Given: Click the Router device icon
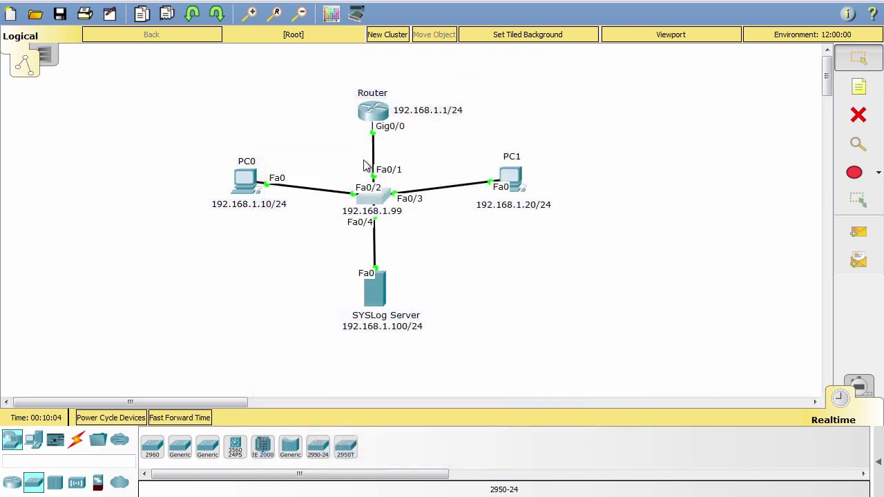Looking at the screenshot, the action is (373, 111).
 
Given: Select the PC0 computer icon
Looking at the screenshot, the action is (245, 182).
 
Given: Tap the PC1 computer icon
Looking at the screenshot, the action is (512, 179).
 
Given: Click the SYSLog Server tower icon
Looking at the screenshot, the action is (374, 289).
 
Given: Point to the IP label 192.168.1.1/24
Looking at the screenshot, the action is (427, 110).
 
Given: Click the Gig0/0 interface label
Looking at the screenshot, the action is (390, 126).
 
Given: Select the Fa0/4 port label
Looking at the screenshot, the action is (360, 222).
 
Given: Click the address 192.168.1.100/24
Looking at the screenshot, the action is (382, 327).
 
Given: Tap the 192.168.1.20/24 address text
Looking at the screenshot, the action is (513, 205).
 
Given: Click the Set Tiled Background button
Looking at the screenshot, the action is (528, 35).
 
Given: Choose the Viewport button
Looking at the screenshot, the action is (671, 35).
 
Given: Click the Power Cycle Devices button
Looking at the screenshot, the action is (111, 418).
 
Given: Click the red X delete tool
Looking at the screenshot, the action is (858, 115).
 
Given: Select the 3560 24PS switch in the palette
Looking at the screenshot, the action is (236, 447).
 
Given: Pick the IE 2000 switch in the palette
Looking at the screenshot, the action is (263, 447).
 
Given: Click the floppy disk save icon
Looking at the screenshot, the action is (60, 14).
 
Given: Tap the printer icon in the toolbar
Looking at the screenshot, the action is (85, 14).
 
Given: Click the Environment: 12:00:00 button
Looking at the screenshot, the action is (813, 35).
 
